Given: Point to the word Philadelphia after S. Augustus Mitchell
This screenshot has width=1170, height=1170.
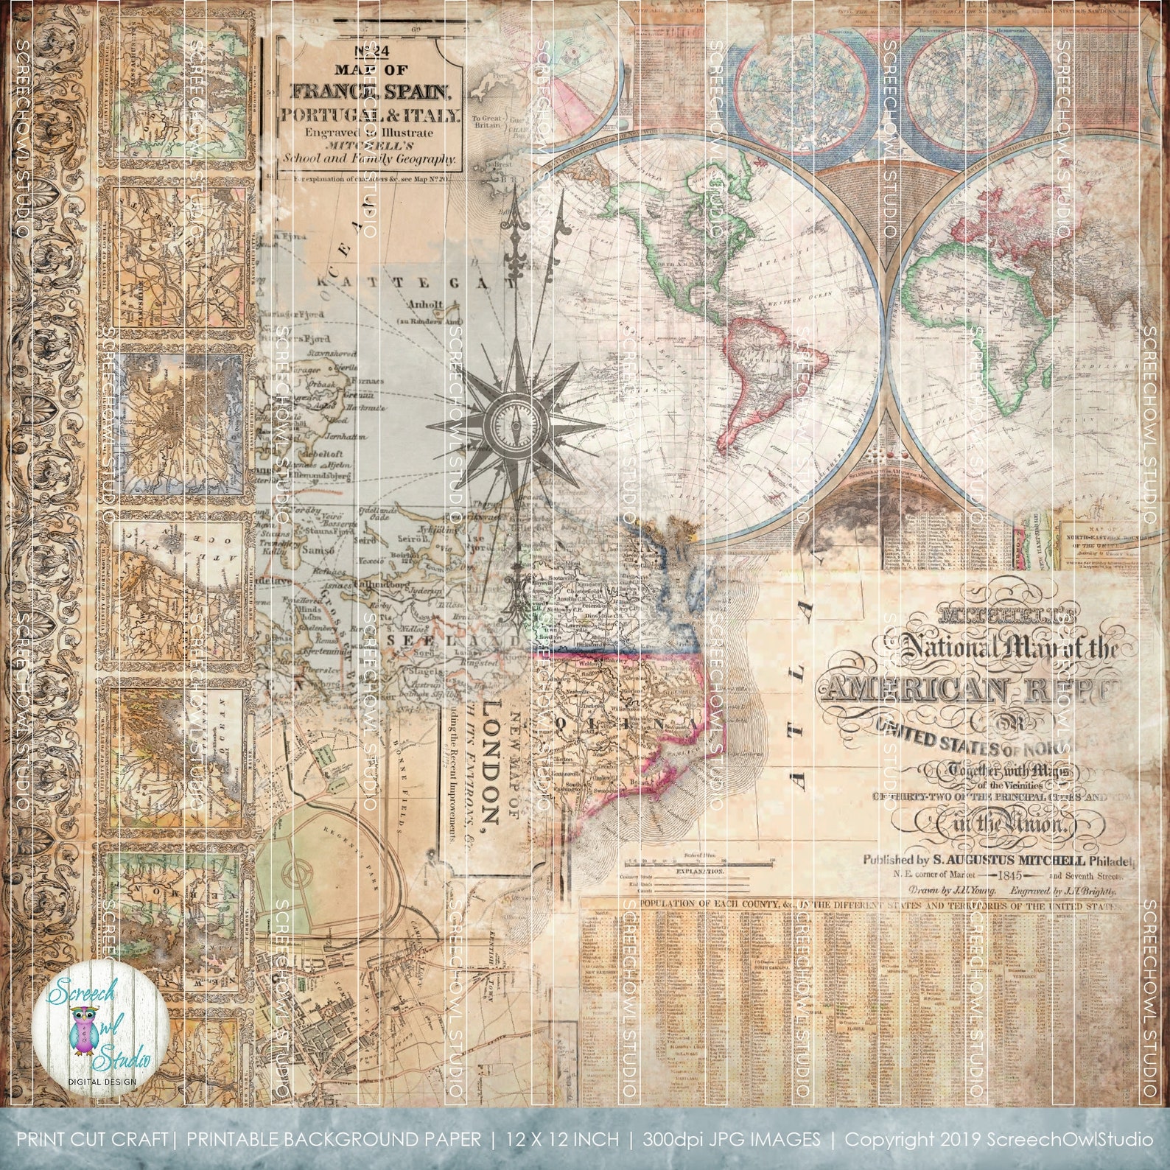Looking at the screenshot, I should pos(1112,861).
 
